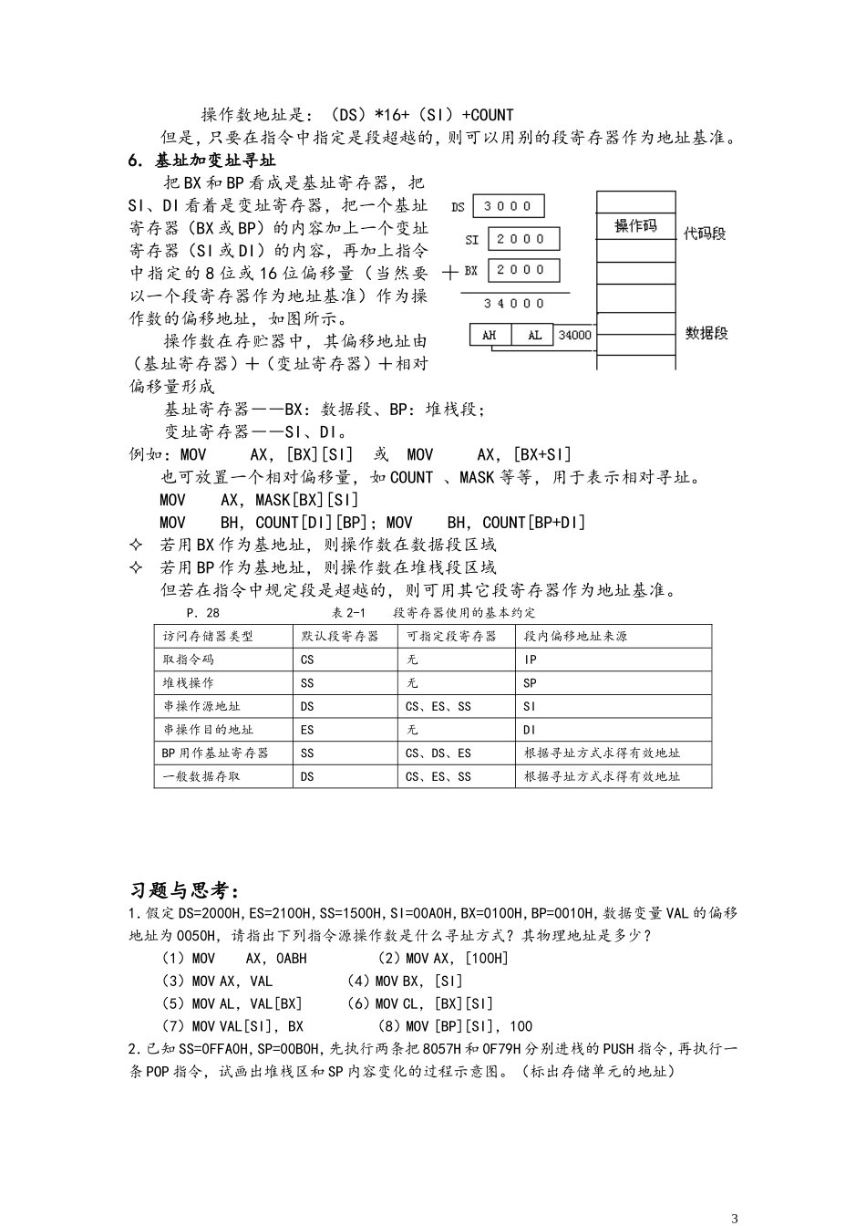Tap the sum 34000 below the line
[x=514, y=303]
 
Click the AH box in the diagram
[x=490, y=335]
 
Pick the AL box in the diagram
[x=533, y=335]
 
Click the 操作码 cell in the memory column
[x=635, y=226]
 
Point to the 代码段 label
[x=705, y=234]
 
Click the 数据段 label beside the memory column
[x=706, y=333]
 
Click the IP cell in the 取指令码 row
[x=531, y=660]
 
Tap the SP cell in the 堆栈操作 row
[x=531, y=682]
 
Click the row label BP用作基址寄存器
[x=215, y=753]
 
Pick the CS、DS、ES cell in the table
[x=438, y=753]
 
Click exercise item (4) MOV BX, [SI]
[x=404, y=981]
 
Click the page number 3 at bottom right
[x=735, y=1218]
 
